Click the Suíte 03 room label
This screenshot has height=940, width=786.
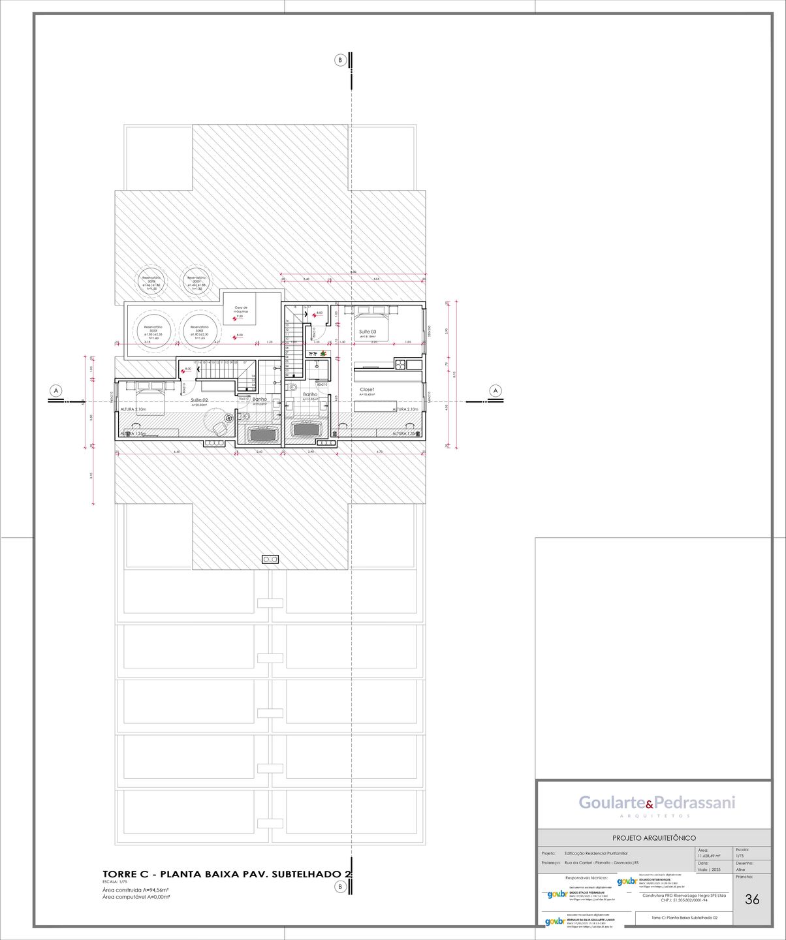(368, 332)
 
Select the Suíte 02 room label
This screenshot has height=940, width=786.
(199, 400)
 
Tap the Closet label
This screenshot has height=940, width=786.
(367, 390)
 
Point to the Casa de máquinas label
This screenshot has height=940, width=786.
(241, 309)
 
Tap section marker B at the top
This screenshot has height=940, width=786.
(340, 60)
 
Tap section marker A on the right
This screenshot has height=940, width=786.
(495, 391)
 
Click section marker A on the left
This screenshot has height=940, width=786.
(56, 391)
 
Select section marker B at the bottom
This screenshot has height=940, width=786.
(340, 886)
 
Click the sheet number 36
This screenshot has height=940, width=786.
(752, 900)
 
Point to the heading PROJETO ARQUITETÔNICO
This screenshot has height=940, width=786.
(653, 838)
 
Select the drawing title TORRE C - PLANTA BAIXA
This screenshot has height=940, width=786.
(227, 873)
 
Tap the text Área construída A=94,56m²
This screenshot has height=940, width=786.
(136, 890)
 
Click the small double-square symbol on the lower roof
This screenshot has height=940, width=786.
(270, 559)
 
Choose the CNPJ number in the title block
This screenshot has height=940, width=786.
(684, 900)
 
